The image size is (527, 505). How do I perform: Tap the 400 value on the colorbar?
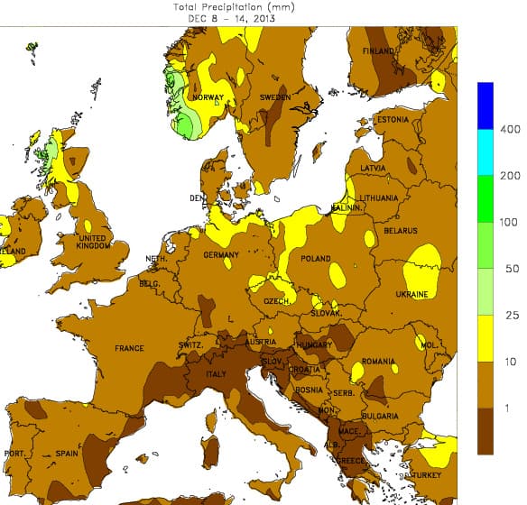[x=509, y=130]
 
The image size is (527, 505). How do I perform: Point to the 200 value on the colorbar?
[x=509, y=176]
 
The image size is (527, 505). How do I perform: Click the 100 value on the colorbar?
[x=509, y=222]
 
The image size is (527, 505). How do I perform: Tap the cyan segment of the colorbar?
[x=486, y=152]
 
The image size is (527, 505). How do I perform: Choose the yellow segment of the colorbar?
[x=486, y=339]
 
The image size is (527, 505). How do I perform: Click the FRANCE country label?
[x=129, y=348]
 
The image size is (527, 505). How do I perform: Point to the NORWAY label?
[x=208, y=97]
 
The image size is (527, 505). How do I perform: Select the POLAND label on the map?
[x=316, y=258]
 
